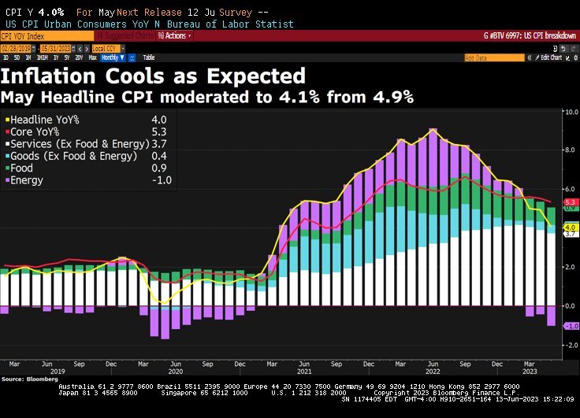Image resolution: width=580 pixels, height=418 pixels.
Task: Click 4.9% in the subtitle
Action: pos(391,97)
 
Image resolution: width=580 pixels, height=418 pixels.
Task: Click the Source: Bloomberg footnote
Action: pos(23,379)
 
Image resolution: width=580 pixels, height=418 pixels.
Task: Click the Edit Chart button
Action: pos(548,57)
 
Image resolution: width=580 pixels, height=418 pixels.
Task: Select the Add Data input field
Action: pos(493,57)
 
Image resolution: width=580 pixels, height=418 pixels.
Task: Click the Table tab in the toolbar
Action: pos(148,57)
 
